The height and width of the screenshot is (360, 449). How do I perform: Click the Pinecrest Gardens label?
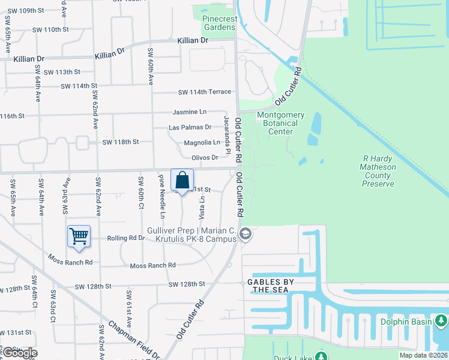pos(219,23)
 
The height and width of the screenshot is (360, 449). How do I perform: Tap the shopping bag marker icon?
pos(182,180)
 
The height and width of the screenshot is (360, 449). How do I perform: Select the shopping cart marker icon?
pos(79,236)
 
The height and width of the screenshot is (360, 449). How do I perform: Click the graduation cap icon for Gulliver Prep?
pos(244,235)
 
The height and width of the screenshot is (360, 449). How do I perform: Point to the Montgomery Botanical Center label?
pos(281,123)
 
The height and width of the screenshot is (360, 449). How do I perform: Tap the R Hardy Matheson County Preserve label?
pos(378,171)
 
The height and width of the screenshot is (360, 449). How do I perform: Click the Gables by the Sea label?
pos(268,286)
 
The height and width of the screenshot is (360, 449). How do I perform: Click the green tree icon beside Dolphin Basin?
pos(441,321)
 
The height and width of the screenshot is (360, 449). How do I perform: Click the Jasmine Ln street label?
pos(189,112)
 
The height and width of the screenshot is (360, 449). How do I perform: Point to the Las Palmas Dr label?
pos(190,127)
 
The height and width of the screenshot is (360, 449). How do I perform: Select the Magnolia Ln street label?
pos(202,143)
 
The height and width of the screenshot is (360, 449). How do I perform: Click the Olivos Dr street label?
pos(204,158)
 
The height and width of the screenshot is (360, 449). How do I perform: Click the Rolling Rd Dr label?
pos(126,238)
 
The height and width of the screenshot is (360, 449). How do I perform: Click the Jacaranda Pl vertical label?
pos(228,135)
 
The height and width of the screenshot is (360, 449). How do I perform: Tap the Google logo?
pos(19,353)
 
